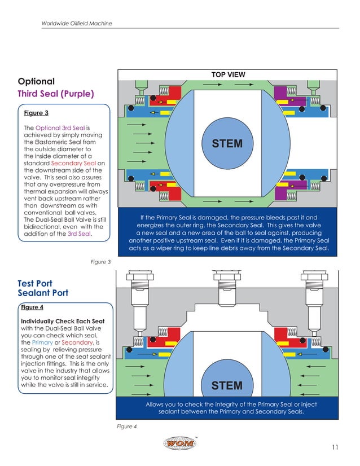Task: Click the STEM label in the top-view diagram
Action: (x=227, y=144)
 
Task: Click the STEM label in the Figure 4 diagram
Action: (x=227, y=386)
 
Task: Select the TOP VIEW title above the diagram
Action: (x=228, y=74)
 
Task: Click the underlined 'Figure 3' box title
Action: (x=36, y=113)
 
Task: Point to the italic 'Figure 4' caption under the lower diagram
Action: (x=127, y=427)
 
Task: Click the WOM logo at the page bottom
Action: (x=181, y=444)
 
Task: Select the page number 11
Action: (x=335, y=447)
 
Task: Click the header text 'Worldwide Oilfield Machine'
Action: (x=77, y=23)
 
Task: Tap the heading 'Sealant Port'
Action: (x=43, y=293)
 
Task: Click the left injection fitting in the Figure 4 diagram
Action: (x=138, y=288)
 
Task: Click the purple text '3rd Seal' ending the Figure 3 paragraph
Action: (x=78, y=234)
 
